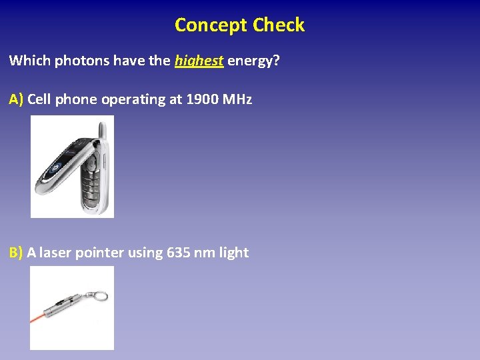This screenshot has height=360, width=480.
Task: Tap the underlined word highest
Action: click(199, 61)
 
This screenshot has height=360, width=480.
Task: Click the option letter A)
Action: click(17, 99)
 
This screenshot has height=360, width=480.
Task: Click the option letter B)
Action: click(16, 253)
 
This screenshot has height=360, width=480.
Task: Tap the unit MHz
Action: click(238, 99)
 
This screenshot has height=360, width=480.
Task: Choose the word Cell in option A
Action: click(39, 99)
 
